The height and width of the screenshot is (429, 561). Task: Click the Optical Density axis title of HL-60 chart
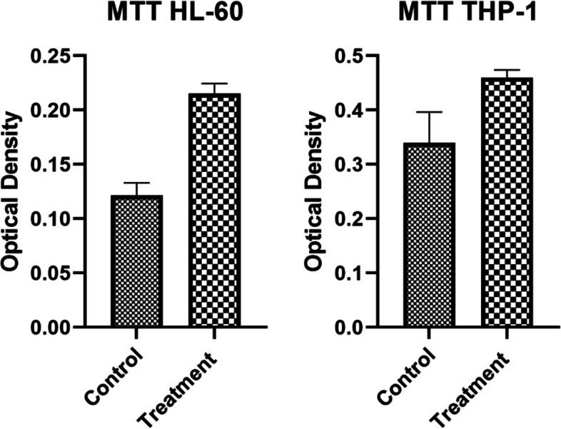point(13,193)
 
